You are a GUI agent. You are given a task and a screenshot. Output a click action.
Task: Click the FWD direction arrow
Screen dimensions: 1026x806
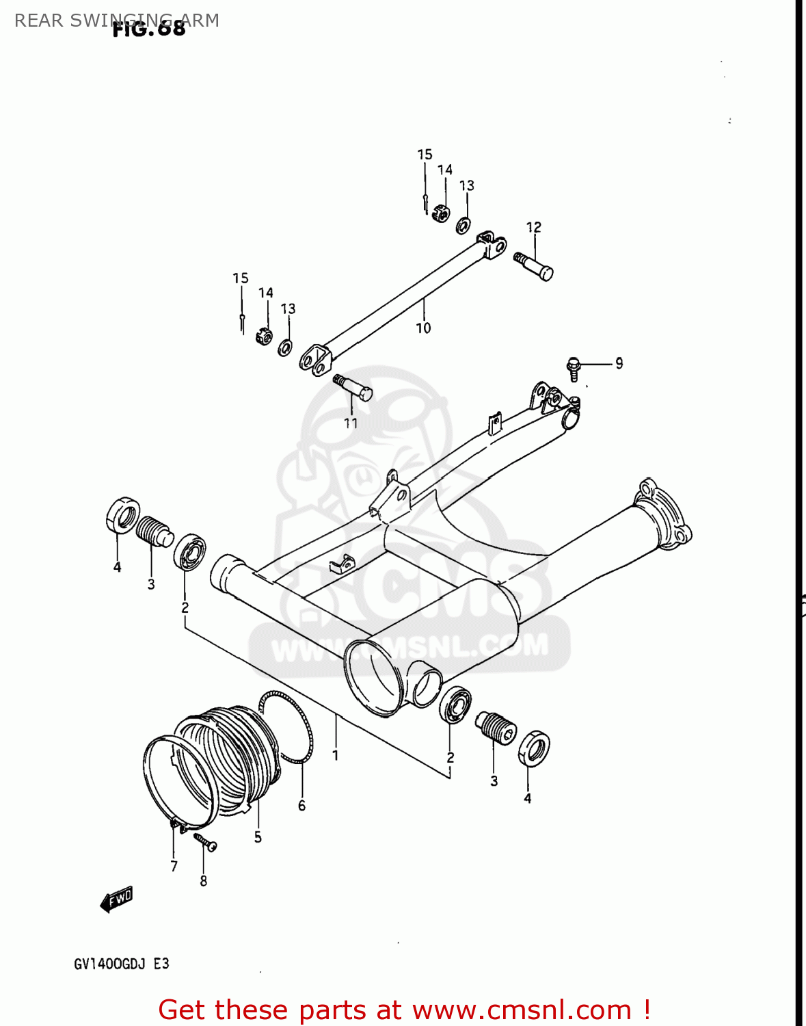click(117, 899)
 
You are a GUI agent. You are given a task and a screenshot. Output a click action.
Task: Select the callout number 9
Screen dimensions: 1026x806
click(619, 363)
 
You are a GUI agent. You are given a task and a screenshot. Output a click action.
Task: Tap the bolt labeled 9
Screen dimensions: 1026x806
click(574, 368)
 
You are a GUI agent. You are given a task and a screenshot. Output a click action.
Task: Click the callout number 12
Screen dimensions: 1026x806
click(533, 227)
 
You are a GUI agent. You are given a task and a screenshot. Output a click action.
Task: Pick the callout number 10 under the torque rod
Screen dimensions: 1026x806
click(423, 328)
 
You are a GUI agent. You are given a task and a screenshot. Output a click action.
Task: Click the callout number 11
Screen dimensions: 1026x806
click(351, 423)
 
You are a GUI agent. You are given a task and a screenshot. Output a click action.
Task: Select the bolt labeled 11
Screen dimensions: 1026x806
click(353, 388)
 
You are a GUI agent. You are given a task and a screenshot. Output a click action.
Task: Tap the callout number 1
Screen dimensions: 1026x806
click(335, 755)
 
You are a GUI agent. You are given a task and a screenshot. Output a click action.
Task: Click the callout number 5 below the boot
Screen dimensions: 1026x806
click(258, 837)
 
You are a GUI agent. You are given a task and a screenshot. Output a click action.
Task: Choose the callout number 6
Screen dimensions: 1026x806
click(301, 806)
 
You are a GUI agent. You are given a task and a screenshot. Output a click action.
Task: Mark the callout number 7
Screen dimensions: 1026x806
click(174, 867)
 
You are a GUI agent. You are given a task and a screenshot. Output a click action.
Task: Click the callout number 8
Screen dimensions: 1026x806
click(203, 881)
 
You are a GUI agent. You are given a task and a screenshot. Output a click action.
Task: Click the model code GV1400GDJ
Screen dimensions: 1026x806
click(109, 964)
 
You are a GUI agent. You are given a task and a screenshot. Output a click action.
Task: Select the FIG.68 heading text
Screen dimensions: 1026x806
click(148, 29)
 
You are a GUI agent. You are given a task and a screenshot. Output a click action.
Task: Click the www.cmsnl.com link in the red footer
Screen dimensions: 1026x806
click(522, 1010)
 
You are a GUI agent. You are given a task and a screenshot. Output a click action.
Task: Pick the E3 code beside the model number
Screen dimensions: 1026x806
click(161, 964)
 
